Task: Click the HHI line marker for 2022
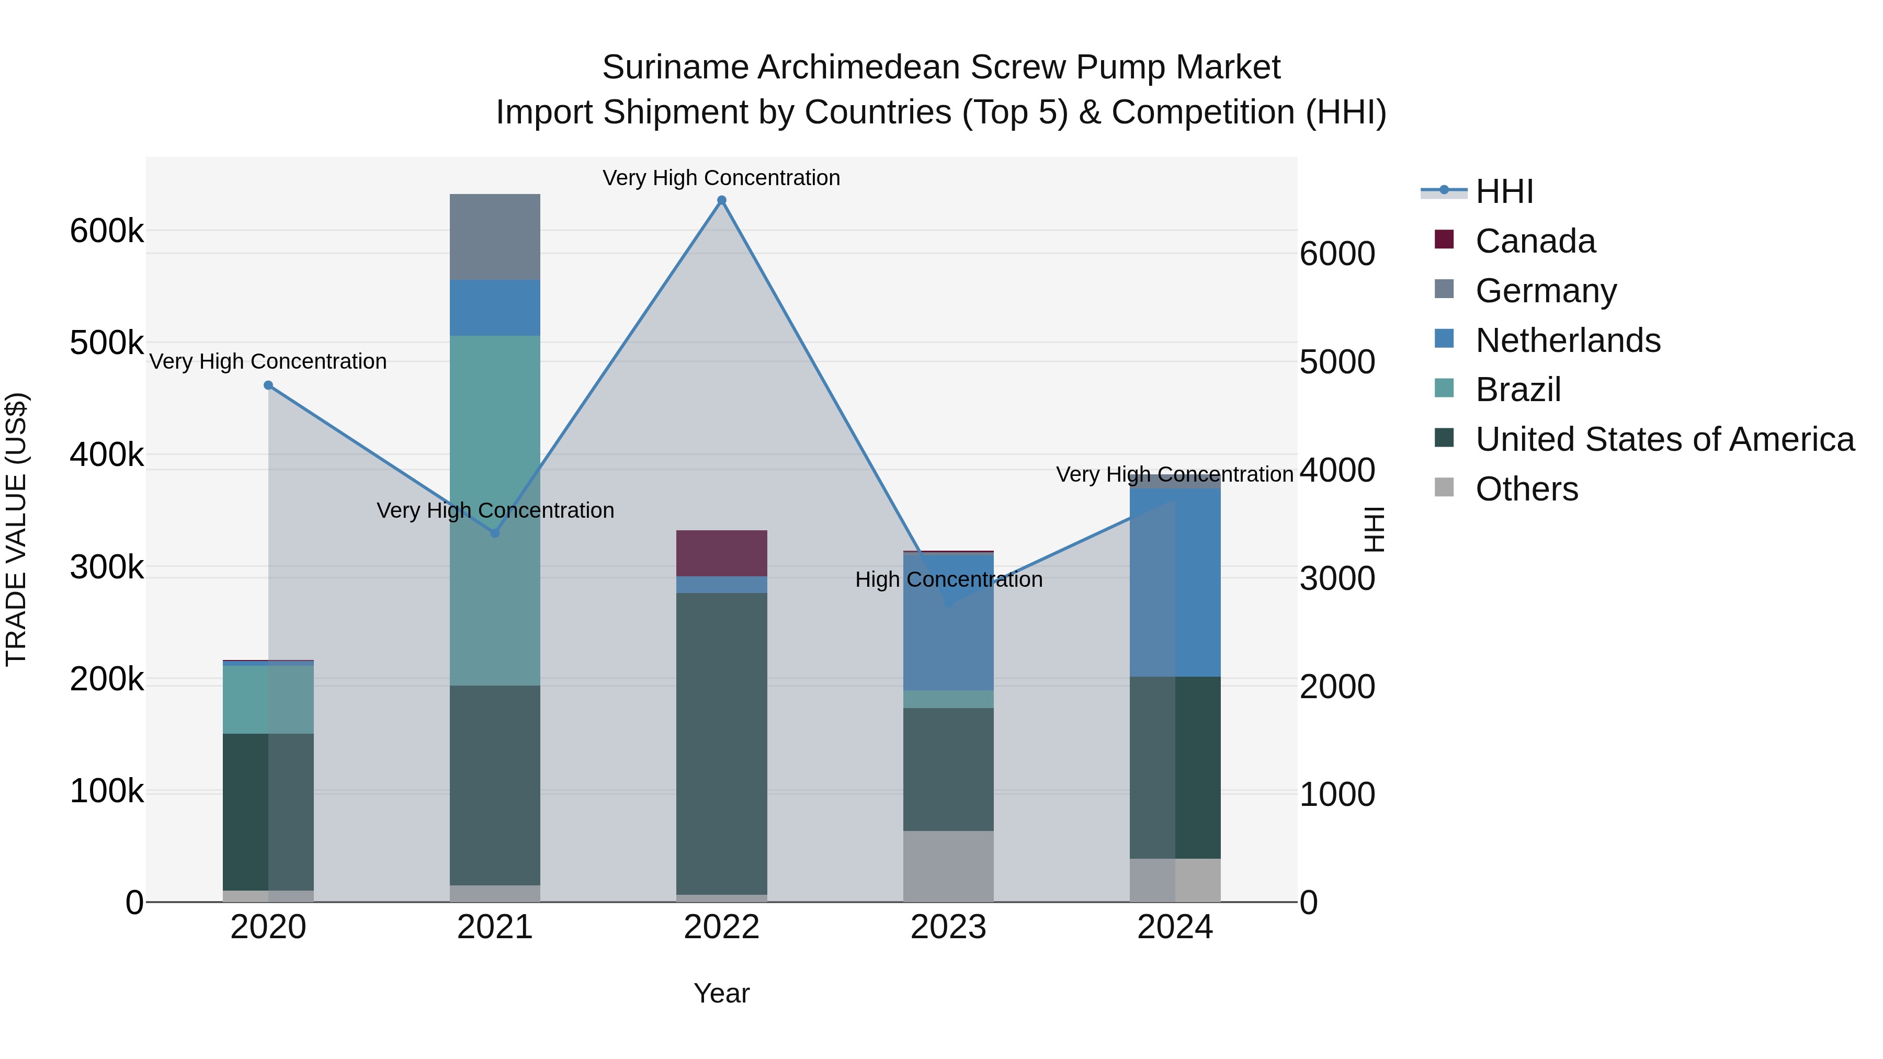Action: pyautogui.click(x=721, y=200)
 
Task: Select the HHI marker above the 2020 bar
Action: pyautogui.click(x=268, y=385)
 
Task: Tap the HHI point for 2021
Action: pyautogui.click(x=495, y=533)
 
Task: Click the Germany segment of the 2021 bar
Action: pyautogui.click(x=495, y=237)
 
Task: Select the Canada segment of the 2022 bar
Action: pyautogui.click(x=721, y=553)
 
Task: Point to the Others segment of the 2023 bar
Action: pyautogui.click(x=948, y=866)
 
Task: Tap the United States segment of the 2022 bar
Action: pyautogui.click(x=721, y=743)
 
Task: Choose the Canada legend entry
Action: pyautogui.click(x=1535, y=241)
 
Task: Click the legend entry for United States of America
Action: pyautogui.click(x=1664, y=439)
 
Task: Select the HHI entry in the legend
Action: pyautogui.click(x=1504, y=191)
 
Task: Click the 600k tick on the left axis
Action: pyautogui.click(x=107, y=232)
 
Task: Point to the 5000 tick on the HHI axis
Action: pyautogui.click(x=1337, y=362)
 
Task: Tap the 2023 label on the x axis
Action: pyautogui.click(x=948, y=927)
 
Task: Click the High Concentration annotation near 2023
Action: pyautogui.click(x=948, y=579)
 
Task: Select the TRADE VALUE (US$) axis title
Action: pyautogui.click(x=16, y=529)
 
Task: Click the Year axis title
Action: pyautogui.click(x=721, y=993)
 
